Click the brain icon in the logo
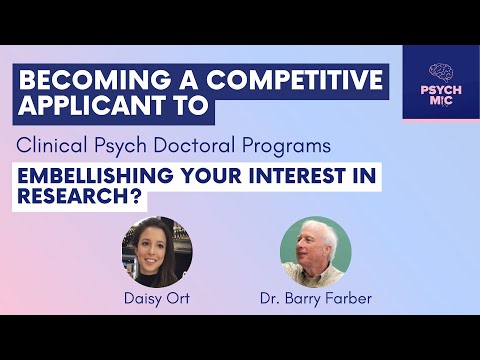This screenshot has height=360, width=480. click(441, 72)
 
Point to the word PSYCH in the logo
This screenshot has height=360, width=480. click(441, 92)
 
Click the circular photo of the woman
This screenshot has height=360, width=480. click(156, 251)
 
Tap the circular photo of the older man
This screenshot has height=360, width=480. click(316, 251)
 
